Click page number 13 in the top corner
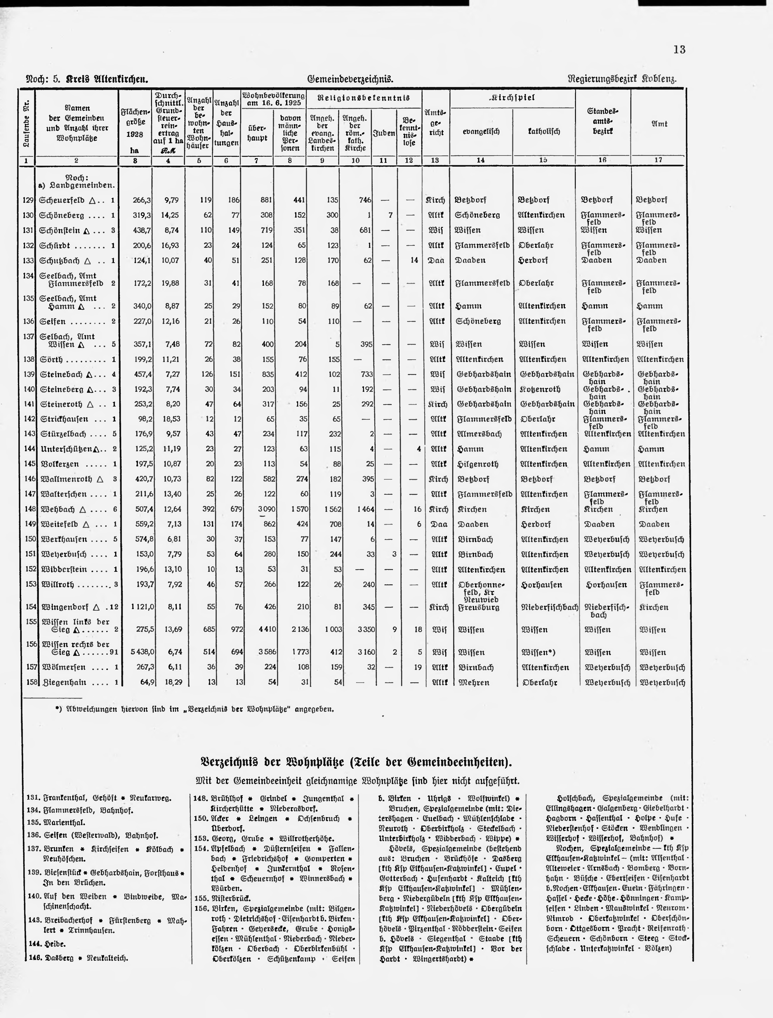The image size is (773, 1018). tap(679, 49)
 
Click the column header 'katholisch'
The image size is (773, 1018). tap(544, 132)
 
